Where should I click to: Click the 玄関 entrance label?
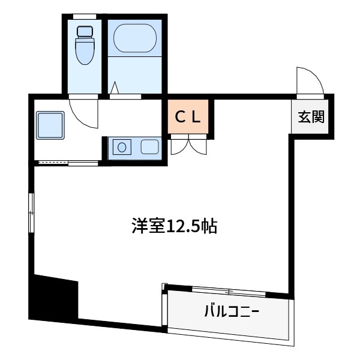point(310,117)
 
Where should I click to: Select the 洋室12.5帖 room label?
point(174,226)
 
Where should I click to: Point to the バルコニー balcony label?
point(231,312)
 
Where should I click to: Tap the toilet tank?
point(84,31)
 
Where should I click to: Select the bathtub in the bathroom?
point(136,39)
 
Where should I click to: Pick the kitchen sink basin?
point(148,146)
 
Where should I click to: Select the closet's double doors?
point(189,145)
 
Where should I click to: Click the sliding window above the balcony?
point(228,291)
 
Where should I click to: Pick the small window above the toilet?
point(85,16)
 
